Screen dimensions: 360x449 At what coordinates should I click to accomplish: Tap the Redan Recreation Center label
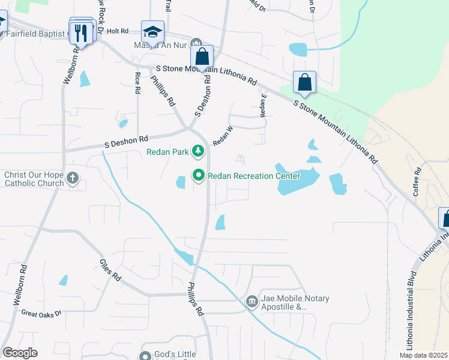[253, 176]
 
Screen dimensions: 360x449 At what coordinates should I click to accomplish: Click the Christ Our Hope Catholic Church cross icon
[73, 178]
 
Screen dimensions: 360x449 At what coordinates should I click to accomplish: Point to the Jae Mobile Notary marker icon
[252, 301]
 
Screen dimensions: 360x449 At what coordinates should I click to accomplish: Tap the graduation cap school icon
[152, 32]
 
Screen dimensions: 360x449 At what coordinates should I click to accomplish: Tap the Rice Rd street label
[137, 83]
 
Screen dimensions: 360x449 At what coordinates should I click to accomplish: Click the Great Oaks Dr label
[41, 313]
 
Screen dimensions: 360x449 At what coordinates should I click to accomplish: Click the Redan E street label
[262, 106]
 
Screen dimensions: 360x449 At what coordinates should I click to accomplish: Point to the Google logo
[20, 353]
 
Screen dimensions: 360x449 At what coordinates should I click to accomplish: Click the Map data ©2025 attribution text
[423, 355]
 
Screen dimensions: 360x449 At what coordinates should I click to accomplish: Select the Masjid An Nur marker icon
[196, 44]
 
